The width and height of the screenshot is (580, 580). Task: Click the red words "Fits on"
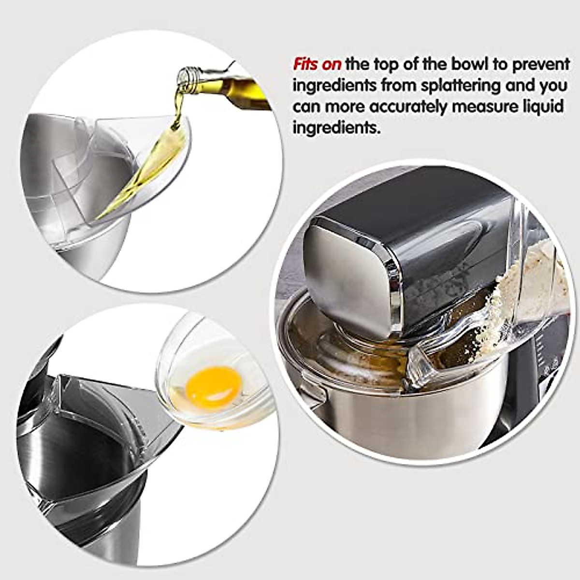317,64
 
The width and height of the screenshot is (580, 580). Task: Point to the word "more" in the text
345,107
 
